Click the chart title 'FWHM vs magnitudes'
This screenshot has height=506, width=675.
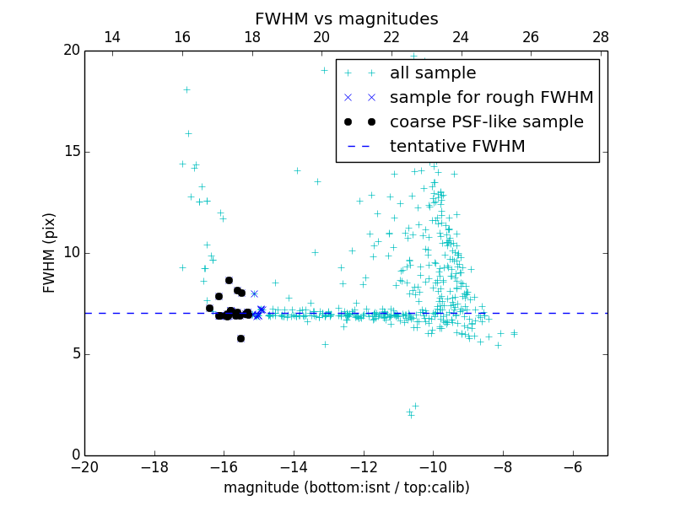coord(346,19)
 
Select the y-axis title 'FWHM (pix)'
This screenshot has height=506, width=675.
coord(50,253)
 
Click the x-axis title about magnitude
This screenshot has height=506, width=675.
coord(346,487)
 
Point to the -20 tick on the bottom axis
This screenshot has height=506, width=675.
coord(84,467)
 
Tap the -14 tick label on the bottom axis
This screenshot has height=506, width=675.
coord(293,467)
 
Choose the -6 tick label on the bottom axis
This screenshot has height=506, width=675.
coord(572,467)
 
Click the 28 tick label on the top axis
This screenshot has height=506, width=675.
coord(601,37)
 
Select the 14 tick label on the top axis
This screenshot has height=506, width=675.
coord(111,37)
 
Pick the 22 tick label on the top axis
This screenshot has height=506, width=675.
coord(391,37)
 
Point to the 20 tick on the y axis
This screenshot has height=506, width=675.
coord(70,51)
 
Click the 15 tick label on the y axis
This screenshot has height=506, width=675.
coord(70,152)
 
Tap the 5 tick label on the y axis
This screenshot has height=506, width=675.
coord(74,354)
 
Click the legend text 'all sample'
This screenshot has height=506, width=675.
coord(433,73)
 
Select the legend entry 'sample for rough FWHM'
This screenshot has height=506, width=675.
coord(491,98)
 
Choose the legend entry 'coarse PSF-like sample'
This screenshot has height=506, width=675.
coord(486,122)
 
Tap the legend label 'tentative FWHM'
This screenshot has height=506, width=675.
coord(457,147)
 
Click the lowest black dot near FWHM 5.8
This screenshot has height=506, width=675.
coord(240,338)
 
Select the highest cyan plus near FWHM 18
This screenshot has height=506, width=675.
coord(186,89)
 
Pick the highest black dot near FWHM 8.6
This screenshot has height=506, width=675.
coord(229,280)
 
